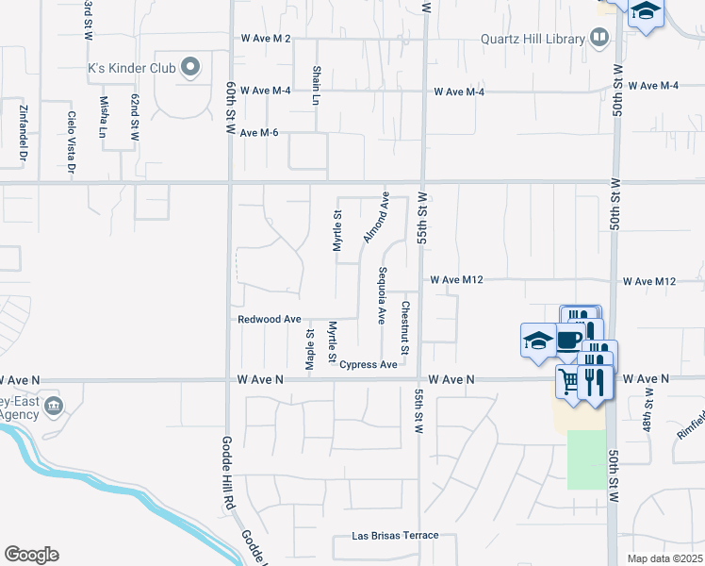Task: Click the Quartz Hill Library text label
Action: click(533, 39)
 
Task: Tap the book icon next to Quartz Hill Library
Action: click(598, 38)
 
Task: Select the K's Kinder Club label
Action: click(132, 67)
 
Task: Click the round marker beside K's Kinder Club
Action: click(190, 67)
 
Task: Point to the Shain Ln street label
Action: click(316, 85)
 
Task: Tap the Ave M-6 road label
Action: click(259, 133)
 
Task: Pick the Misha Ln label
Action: click(104, 116)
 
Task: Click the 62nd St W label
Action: click(135, 116)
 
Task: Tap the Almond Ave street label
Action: click(376, 216)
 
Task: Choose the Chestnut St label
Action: click(404, 327)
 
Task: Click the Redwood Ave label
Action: click(269, 320)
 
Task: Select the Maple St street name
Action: click(309, 349)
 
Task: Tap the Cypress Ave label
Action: click(369, 364)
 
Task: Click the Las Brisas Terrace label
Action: click(395, 536)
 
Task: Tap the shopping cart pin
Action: click(569, 381)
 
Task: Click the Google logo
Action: click(31, 555)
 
